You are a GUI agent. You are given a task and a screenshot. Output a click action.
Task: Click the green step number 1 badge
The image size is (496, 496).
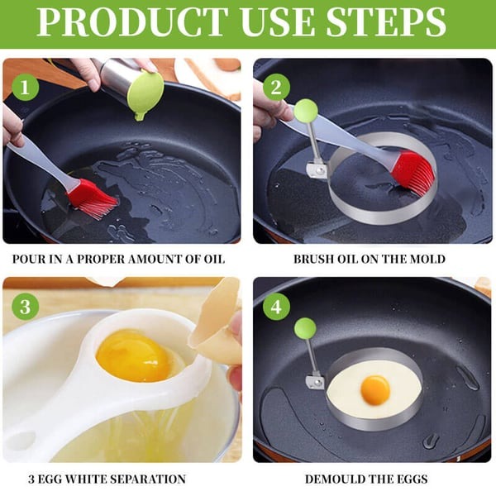[26, 87]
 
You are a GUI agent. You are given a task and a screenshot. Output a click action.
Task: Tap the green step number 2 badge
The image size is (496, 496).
[274, 87]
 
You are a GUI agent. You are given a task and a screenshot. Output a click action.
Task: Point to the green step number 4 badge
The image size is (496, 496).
[276, 307]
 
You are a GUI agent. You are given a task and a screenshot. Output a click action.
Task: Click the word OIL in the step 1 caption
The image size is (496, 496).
[212, 259]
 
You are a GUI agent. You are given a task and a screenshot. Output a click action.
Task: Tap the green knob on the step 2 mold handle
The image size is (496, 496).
[306, 110]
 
